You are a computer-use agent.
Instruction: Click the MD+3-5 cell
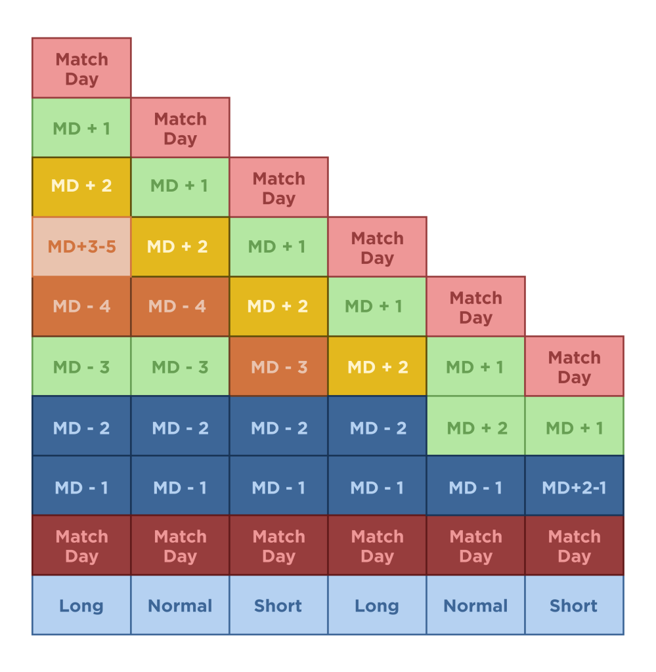(x=81, y=247)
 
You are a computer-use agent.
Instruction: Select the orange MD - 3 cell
(x=278, y=366)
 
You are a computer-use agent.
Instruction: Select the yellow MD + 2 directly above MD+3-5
(x=81, y=187)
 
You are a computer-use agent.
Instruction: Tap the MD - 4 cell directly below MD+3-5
(x=81, y=306)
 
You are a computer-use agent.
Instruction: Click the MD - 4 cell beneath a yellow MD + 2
(x=180, y=306)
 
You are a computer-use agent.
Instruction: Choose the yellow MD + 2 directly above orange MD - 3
(x=278, y=306)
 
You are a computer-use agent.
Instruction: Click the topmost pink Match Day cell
(x=81, y=68)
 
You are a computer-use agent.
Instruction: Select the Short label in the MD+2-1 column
(x=574, y=605)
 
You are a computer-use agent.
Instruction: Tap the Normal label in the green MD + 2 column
(x=475, y=605)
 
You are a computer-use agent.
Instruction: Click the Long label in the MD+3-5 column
(x=81, y=605)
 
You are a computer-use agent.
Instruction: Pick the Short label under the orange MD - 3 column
(x=278, y=605)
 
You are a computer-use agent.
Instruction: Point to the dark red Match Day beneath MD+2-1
(x=574, y=546)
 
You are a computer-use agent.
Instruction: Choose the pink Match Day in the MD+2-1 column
(x=574, y=366)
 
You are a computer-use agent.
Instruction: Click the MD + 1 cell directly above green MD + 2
(x=475, y=366)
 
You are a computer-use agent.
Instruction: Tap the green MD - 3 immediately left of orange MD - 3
(x=180, y=366)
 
